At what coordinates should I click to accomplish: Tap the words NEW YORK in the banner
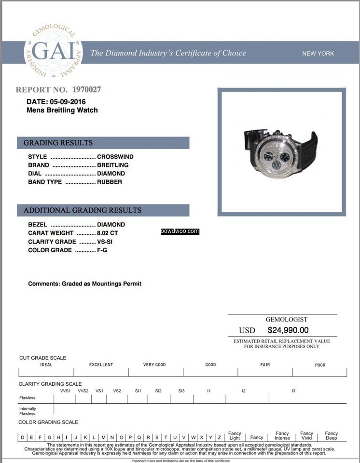coord(318,54)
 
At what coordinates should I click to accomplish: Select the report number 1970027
coord(86,90)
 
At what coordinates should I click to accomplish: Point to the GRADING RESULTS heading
coord(58,143)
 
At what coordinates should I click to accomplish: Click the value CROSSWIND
coord(115,157)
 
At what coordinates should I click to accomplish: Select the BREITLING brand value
coord(113,165)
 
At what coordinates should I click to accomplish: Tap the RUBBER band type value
coord(110,182)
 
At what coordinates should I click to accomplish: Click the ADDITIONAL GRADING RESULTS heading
coord(83,210)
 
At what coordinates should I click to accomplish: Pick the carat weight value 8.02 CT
coord(108,233)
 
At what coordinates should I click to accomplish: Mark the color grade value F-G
coord(102,250)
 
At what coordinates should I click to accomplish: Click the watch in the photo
coord(280,152)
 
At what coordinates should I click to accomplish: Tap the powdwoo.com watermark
coord(180,231)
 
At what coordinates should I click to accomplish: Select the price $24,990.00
coord(288,330)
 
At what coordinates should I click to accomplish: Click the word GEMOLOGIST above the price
coord(286,319)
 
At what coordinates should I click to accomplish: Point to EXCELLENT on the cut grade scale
coord(101,365)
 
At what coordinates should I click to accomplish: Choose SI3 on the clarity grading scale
coord(181,391)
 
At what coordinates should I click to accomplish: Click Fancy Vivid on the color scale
coord(306,436)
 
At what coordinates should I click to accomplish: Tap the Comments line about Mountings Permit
coord(84,284)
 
